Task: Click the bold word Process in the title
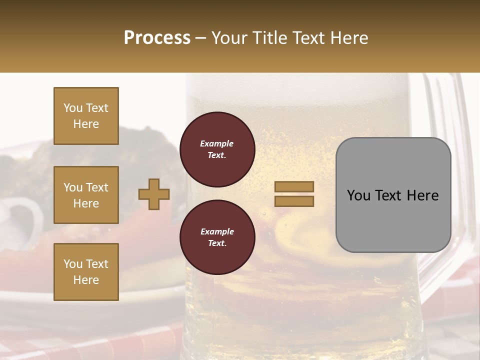[157, 38]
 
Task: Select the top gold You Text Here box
[86, 116]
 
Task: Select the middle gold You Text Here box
[86, 195]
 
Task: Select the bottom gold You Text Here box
[86, 272]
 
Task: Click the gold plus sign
[154, 194]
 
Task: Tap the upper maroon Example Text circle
[217, 149]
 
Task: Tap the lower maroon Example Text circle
[217, 237]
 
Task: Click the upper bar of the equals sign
[294, 186]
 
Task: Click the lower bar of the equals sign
[294, 201]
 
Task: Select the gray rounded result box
[393, 220]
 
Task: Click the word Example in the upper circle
[217, 143]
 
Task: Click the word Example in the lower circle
[217, 231]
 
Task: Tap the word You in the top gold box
[72, 108]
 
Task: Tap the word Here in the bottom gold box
[86, 280]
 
